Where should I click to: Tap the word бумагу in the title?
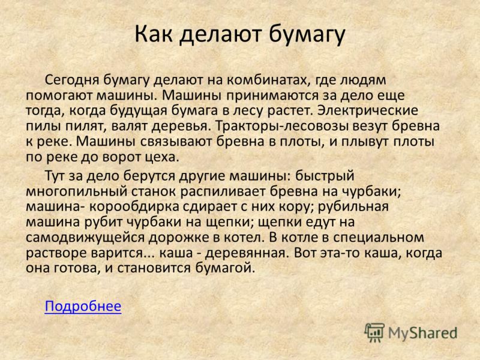pos(307,35)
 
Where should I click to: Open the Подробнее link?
pos(83,306)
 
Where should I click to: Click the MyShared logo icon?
pos(374,332)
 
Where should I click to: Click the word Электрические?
pos(367,111)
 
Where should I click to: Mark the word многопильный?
pos(77,192)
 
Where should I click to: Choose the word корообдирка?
pos(134,207)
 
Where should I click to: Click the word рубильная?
pos(353,207)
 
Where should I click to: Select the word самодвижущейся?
pos(85,238)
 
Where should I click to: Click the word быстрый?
pos(325,176)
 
